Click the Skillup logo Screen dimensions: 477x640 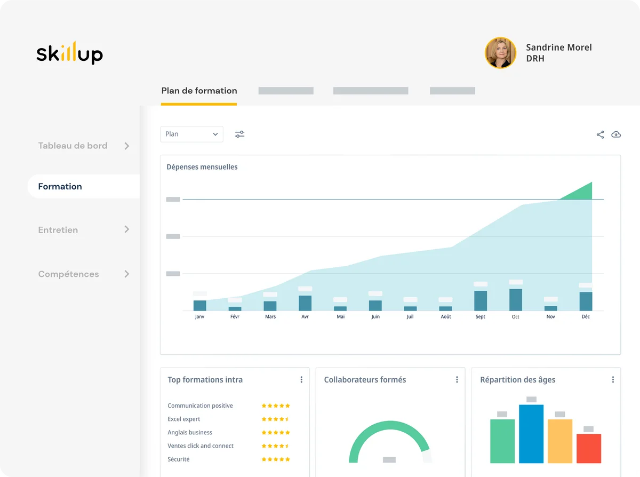coord(69,53)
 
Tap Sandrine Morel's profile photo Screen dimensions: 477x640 coord(500,53)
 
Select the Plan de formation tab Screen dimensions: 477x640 coord(199,91)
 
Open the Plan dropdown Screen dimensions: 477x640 coord(191,134)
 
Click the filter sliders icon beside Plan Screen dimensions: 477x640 coord(240,134)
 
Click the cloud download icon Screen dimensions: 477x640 coord(616,134)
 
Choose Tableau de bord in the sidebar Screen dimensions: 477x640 coord(73,146)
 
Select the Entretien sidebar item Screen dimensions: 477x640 coord(58,230)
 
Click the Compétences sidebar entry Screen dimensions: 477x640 coord(69,274)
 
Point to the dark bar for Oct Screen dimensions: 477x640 coord(516,300)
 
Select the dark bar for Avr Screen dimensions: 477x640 coord(305,303)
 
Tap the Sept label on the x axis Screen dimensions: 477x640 coord(481,317)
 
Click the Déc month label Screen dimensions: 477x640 coord(586,317)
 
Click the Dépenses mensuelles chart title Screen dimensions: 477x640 coord(202,167)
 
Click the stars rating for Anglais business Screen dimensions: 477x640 coord(275,433)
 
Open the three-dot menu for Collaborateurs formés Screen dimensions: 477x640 coord(457,380)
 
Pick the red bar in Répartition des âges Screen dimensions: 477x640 coord(589,448)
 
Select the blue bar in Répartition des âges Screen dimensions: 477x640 coord(531,434)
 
